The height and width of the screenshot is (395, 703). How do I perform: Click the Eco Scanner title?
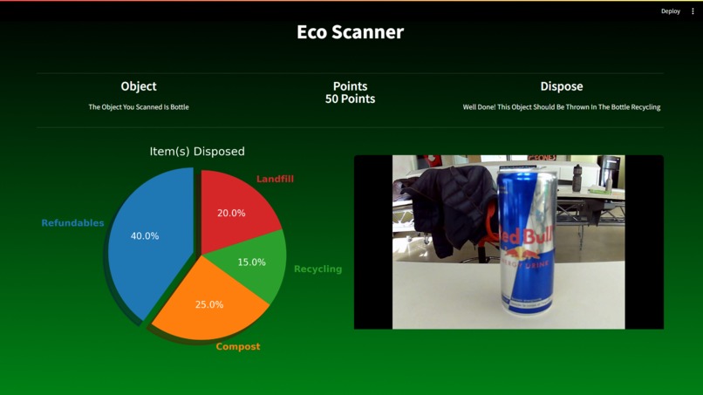[x=350, y=32]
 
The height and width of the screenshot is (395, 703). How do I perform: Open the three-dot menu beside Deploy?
[x=693, y=11]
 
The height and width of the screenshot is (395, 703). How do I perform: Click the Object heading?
[x=139, y=86]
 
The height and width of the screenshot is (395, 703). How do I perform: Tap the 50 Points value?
[x=350, y=99]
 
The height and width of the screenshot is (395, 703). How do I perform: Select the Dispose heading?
[x=561, y=86]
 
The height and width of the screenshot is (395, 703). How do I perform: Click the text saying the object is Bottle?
[x=139, y=107]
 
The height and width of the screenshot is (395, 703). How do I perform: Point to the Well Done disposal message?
[x=561, y=107]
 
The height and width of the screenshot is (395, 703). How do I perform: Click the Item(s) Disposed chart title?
[x=197, y=152]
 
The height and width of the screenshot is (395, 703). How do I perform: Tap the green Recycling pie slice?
[x=253, y=266]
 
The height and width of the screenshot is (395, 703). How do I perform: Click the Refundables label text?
[x=72, y=223]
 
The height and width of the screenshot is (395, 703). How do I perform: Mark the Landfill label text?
[x=275, y=179]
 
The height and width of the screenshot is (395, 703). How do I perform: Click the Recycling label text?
[x=317, y=269]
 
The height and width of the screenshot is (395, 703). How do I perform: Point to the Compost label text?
[x=238, y=347]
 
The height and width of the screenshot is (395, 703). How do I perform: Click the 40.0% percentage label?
[x=145, y=236]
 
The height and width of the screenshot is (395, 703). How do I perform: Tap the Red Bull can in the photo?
[x=527, y=244]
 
